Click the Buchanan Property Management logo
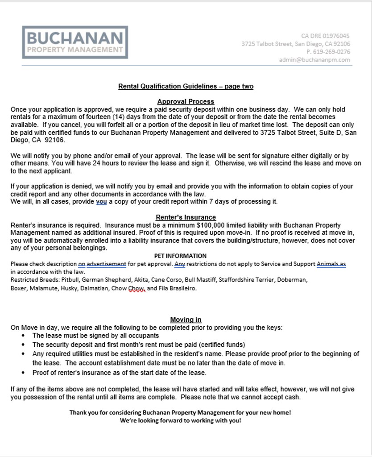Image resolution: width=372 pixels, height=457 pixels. point(75,42)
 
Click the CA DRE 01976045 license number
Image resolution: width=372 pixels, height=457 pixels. point(325,36)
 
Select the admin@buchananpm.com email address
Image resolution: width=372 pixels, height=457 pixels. point(314,60)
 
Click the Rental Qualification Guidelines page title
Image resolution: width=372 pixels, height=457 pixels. point(186,86)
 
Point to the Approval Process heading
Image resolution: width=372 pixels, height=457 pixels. point(186,101)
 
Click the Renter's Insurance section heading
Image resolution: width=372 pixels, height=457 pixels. point(186,217)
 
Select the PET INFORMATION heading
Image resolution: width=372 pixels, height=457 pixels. point(180,256)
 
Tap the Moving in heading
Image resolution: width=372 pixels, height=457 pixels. point(186,320)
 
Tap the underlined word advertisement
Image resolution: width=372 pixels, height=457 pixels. point(106,264)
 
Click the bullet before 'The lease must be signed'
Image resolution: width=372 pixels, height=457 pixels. point(23,336)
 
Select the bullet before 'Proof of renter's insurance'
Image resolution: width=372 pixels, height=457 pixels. point(23,373)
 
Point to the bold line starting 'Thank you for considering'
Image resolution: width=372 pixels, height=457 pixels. point(180,412)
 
